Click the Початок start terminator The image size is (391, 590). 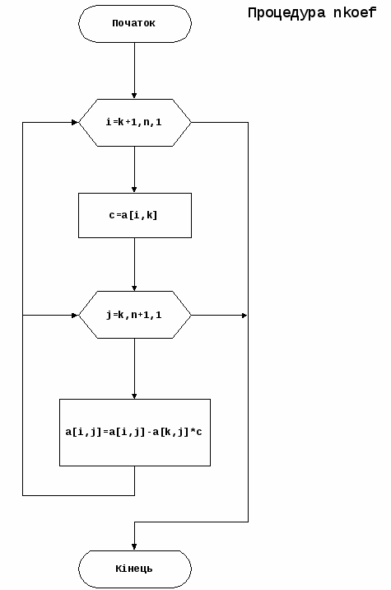tap(135, 23)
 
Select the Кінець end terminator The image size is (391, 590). tap(135, 569)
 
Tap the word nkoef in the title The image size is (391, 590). tap(355, 13)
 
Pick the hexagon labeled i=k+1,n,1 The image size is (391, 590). tap(135, 123)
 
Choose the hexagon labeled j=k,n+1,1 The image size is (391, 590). tap(135, 315)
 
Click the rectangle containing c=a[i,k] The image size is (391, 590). tap(135, 215)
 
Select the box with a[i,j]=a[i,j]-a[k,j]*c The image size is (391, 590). tap(135, 433)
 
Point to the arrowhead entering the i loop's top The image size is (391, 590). tap(134, 96)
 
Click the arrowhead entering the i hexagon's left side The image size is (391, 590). tap(75, 122)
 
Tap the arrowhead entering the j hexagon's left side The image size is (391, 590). tap(75, 315)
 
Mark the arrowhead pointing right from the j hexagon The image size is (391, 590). tap(244, 315)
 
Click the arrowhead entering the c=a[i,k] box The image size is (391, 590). tap(134, 190)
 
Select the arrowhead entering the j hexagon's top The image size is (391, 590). tap(134, 288)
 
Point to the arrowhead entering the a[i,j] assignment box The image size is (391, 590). tap(134, 396)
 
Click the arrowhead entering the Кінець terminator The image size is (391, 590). tap(134, 547)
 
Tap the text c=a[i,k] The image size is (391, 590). tap(133, 215)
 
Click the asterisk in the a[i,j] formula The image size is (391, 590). tap(193, 431)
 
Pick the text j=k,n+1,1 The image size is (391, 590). tap(133, 315)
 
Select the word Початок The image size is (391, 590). tap(133, 23)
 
